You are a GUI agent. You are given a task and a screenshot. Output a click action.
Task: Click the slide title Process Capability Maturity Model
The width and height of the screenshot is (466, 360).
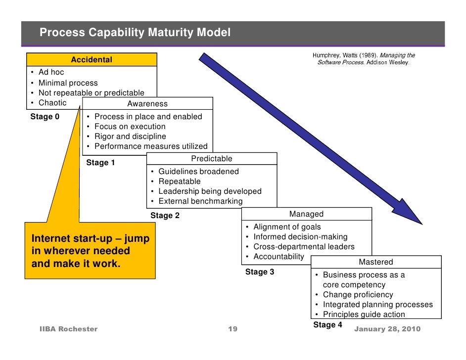135,33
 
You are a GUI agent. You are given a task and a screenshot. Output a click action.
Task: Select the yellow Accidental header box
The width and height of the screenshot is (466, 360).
92,60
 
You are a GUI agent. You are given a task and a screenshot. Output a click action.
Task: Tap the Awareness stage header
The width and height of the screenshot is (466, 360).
147,104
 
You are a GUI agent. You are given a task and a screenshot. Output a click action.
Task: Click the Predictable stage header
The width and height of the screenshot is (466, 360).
211,159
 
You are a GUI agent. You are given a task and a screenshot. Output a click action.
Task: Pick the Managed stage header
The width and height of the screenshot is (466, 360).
306,214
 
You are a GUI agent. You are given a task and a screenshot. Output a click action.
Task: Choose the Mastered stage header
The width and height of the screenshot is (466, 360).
375,262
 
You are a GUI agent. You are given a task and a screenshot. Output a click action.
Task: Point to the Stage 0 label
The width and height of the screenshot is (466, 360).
45,117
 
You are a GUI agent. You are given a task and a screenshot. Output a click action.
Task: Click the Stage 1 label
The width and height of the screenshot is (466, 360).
100,163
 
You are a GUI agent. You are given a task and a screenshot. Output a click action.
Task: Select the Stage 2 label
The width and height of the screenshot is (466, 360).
165,216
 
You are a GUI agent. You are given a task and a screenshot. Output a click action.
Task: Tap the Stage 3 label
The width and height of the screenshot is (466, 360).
259,272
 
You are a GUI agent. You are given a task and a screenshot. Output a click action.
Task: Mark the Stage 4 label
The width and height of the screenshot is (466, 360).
327,325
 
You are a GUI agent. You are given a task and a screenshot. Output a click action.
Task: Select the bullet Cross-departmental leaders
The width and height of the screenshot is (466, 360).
304,247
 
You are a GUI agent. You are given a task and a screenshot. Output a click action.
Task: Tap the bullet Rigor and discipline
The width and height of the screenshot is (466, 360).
130,136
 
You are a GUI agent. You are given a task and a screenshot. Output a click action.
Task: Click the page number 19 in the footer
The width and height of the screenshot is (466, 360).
233,329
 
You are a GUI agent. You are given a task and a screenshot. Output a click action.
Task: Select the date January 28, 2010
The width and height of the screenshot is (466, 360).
387,329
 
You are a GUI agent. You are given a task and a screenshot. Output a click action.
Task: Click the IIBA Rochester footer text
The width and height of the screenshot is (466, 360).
68,329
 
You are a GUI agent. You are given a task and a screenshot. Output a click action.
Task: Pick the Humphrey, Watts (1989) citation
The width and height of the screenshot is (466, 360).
364,59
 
